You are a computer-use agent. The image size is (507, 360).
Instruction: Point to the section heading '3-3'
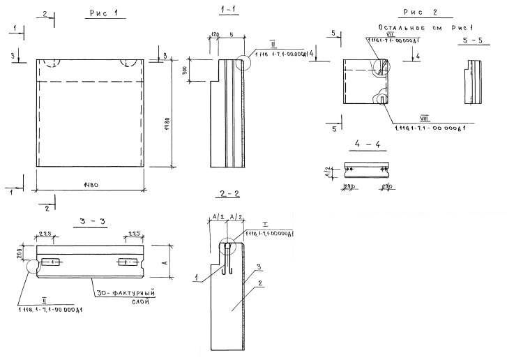click(93, 222)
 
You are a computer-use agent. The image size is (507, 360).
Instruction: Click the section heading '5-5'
click(474, 42)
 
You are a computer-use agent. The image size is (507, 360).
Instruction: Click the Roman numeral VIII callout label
click(423, 119)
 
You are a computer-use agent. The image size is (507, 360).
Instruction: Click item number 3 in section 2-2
click(257, 267)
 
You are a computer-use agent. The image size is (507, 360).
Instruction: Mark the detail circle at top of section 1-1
click(243, 63)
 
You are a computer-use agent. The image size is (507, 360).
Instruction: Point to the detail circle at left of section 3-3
click(31, 266)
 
